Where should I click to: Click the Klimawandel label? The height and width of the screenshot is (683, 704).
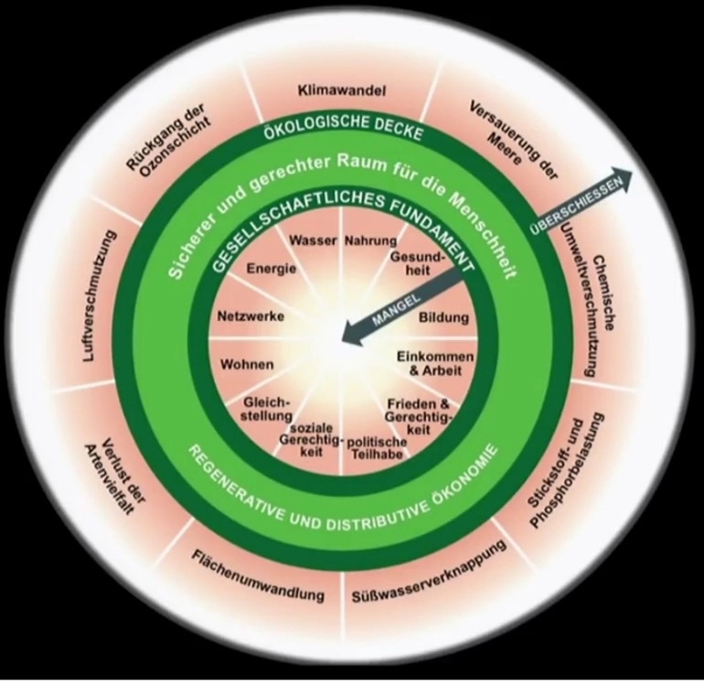(341, 91)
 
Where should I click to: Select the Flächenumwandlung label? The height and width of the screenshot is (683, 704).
(258, 575)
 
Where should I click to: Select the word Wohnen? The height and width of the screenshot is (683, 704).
(247, 364)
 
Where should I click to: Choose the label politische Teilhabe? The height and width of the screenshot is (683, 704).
(376, 447)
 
